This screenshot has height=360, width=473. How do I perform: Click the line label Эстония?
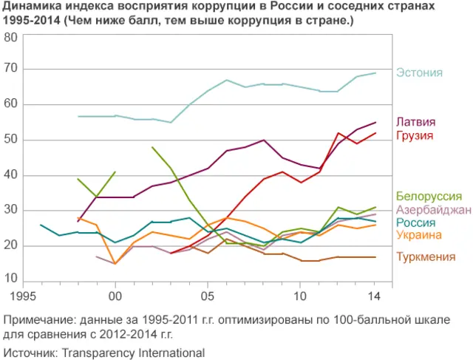click(419, 72)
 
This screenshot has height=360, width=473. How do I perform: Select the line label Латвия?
click(416, 122)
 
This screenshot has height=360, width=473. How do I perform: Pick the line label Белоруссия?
click(429, 197)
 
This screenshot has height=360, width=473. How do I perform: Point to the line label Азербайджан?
click(433, 210)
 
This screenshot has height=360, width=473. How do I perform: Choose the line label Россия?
click(415, 223)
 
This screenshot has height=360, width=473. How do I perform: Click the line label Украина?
click(419, 235)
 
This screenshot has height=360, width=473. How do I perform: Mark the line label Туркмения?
click(425, 257)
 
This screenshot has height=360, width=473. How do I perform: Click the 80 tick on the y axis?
click(11, 37)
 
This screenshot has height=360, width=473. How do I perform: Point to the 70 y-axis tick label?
click(11, 69)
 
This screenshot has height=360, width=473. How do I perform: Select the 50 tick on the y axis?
click(11, 140)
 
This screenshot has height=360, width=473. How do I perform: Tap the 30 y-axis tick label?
click(11, 211)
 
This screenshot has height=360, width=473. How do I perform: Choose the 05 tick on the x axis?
click(209, 296)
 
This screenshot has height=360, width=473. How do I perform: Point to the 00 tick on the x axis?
click(115, 296)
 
